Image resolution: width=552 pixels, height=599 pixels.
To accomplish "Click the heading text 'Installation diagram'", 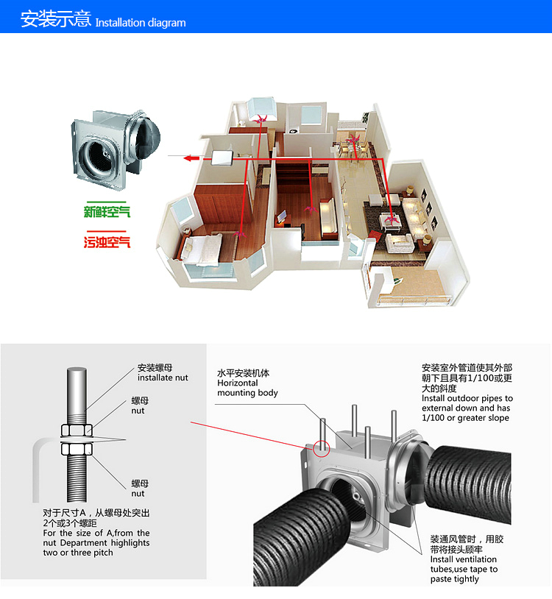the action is tap(141, 23).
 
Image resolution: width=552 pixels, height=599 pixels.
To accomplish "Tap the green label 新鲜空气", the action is tap(107, 211).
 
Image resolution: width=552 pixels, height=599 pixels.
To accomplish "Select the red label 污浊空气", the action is tap(107, 242).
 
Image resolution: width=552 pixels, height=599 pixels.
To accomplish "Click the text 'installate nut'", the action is tap(163, 378).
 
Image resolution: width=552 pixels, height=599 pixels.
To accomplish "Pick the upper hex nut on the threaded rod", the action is tap(77, 430).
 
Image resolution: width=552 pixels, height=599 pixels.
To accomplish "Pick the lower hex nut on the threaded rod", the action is tap(77, 449).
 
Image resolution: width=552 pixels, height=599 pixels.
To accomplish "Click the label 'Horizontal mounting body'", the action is tap(247, 388).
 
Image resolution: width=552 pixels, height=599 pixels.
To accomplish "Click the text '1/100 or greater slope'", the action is tap(465, 418).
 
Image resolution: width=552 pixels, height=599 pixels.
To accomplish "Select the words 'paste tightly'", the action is tap(454, 579).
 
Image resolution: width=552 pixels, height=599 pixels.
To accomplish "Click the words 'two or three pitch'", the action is tap(78, 553).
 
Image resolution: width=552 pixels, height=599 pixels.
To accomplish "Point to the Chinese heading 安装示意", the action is tap(56, 18).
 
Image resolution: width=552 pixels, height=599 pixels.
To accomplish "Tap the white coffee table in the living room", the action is tap(390, 222).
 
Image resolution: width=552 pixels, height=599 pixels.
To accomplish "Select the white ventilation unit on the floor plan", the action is tap(222, 157).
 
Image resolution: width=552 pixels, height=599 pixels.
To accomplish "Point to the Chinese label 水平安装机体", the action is tap(244, 373).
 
